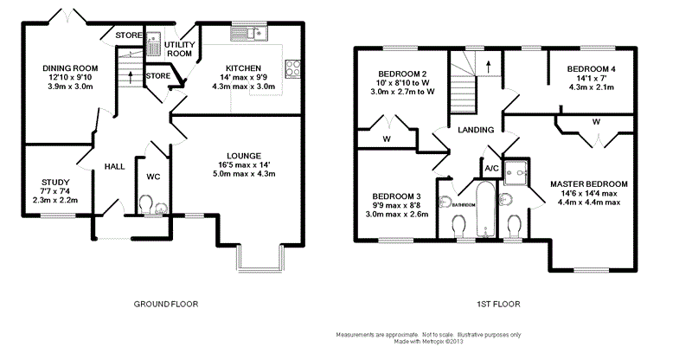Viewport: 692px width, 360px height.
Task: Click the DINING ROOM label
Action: click(70, 68)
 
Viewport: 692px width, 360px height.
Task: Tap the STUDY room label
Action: click(55, 182)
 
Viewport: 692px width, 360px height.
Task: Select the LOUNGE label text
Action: click(244, 156)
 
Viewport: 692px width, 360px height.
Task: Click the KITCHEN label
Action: click(243, 68)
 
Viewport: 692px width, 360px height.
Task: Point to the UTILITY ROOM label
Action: click(180, 49)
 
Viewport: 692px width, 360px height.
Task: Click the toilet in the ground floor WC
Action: click(145, 205)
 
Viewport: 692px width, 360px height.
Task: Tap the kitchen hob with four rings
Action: click(292, 69)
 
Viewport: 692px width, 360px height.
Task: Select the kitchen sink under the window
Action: click(248, 34)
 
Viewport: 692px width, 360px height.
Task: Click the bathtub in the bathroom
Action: click(484, 209)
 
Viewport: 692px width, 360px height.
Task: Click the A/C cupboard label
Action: click(491, 168)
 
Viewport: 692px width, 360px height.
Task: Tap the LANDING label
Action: click(475, 130)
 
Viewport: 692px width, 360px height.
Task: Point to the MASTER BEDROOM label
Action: click(589, 184)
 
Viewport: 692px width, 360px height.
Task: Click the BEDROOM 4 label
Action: click(592, 69)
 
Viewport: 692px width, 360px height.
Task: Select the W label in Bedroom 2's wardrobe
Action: click(387, 139)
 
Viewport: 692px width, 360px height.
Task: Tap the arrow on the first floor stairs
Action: click(489, 67)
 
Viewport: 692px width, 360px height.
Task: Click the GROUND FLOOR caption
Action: click(166, 304)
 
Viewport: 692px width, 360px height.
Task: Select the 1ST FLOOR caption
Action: click(498, 304)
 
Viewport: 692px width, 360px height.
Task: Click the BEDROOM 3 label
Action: click(396, 196)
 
